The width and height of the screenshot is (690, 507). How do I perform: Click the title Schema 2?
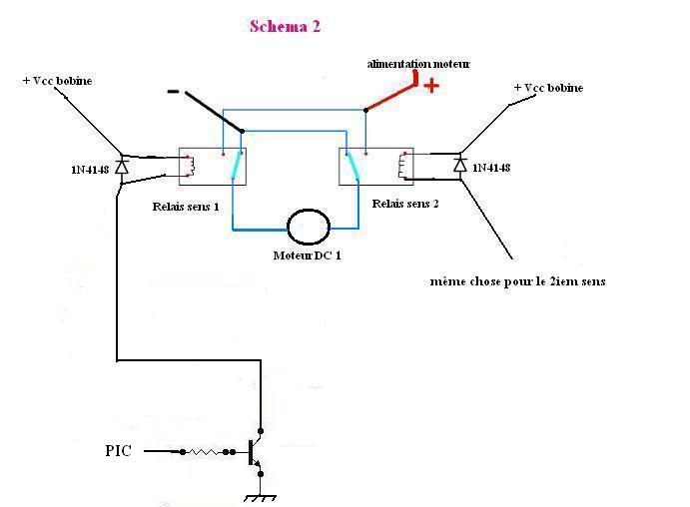tap(285, 27)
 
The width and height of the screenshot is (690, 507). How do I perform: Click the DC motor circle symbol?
tap(308, 227)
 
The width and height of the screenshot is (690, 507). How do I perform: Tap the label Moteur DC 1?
tap(308, 255)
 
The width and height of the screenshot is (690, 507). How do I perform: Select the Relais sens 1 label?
tap(187, 207)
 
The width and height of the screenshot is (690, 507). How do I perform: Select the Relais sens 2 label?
tap(404, 203)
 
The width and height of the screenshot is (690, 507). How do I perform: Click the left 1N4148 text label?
tap(83, 170)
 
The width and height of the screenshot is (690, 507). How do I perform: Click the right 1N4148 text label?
tap(491, 167)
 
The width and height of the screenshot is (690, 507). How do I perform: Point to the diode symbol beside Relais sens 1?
tap(121, 166)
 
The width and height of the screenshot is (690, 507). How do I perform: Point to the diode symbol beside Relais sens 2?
tap(459, 163)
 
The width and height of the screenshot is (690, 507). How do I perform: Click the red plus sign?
tap(431, 86)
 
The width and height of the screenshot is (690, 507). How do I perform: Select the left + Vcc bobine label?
tap(57, 81)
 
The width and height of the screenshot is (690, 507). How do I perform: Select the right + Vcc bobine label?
tap(548, 88)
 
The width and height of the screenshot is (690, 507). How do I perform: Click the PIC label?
tap(118, 451)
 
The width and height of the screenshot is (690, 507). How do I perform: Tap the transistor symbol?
tap(254, 452)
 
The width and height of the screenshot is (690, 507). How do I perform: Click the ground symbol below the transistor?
tap(260, 495)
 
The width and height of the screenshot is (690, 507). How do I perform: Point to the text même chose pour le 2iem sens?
tap(517, 281)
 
